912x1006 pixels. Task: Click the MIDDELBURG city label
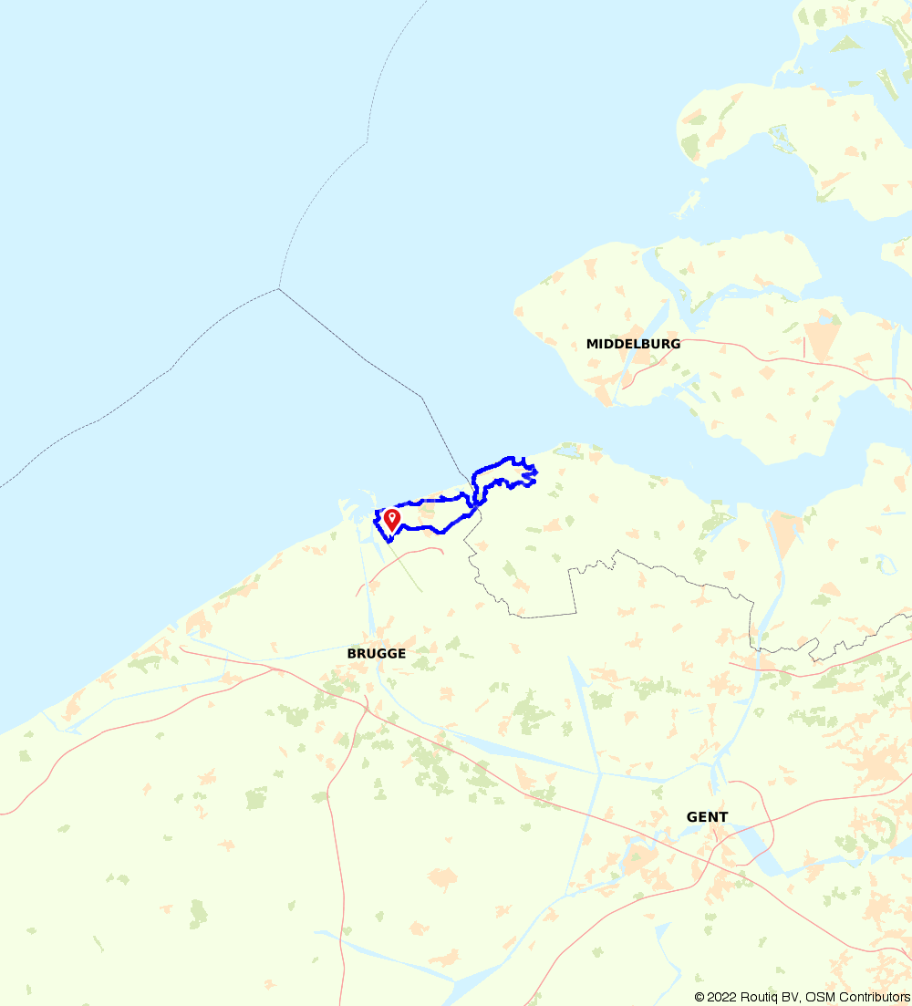click(x=633, y=344)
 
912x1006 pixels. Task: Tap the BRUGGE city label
click(x=376, y=654)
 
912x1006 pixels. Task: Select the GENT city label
click(x=707, y=817)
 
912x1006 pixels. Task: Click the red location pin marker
click(x=392, y=519)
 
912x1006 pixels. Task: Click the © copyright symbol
click(x=700, y=997)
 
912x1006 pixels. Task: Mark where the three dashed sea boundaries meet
click(x=278, y=289)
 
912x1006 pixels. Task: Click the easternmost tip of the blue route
click(x=535, y=472)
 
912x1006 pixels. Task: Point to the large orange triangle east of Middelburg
click(x=822, y=339)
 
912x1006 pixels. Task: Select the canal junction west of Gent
click(x=600, y=773)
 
